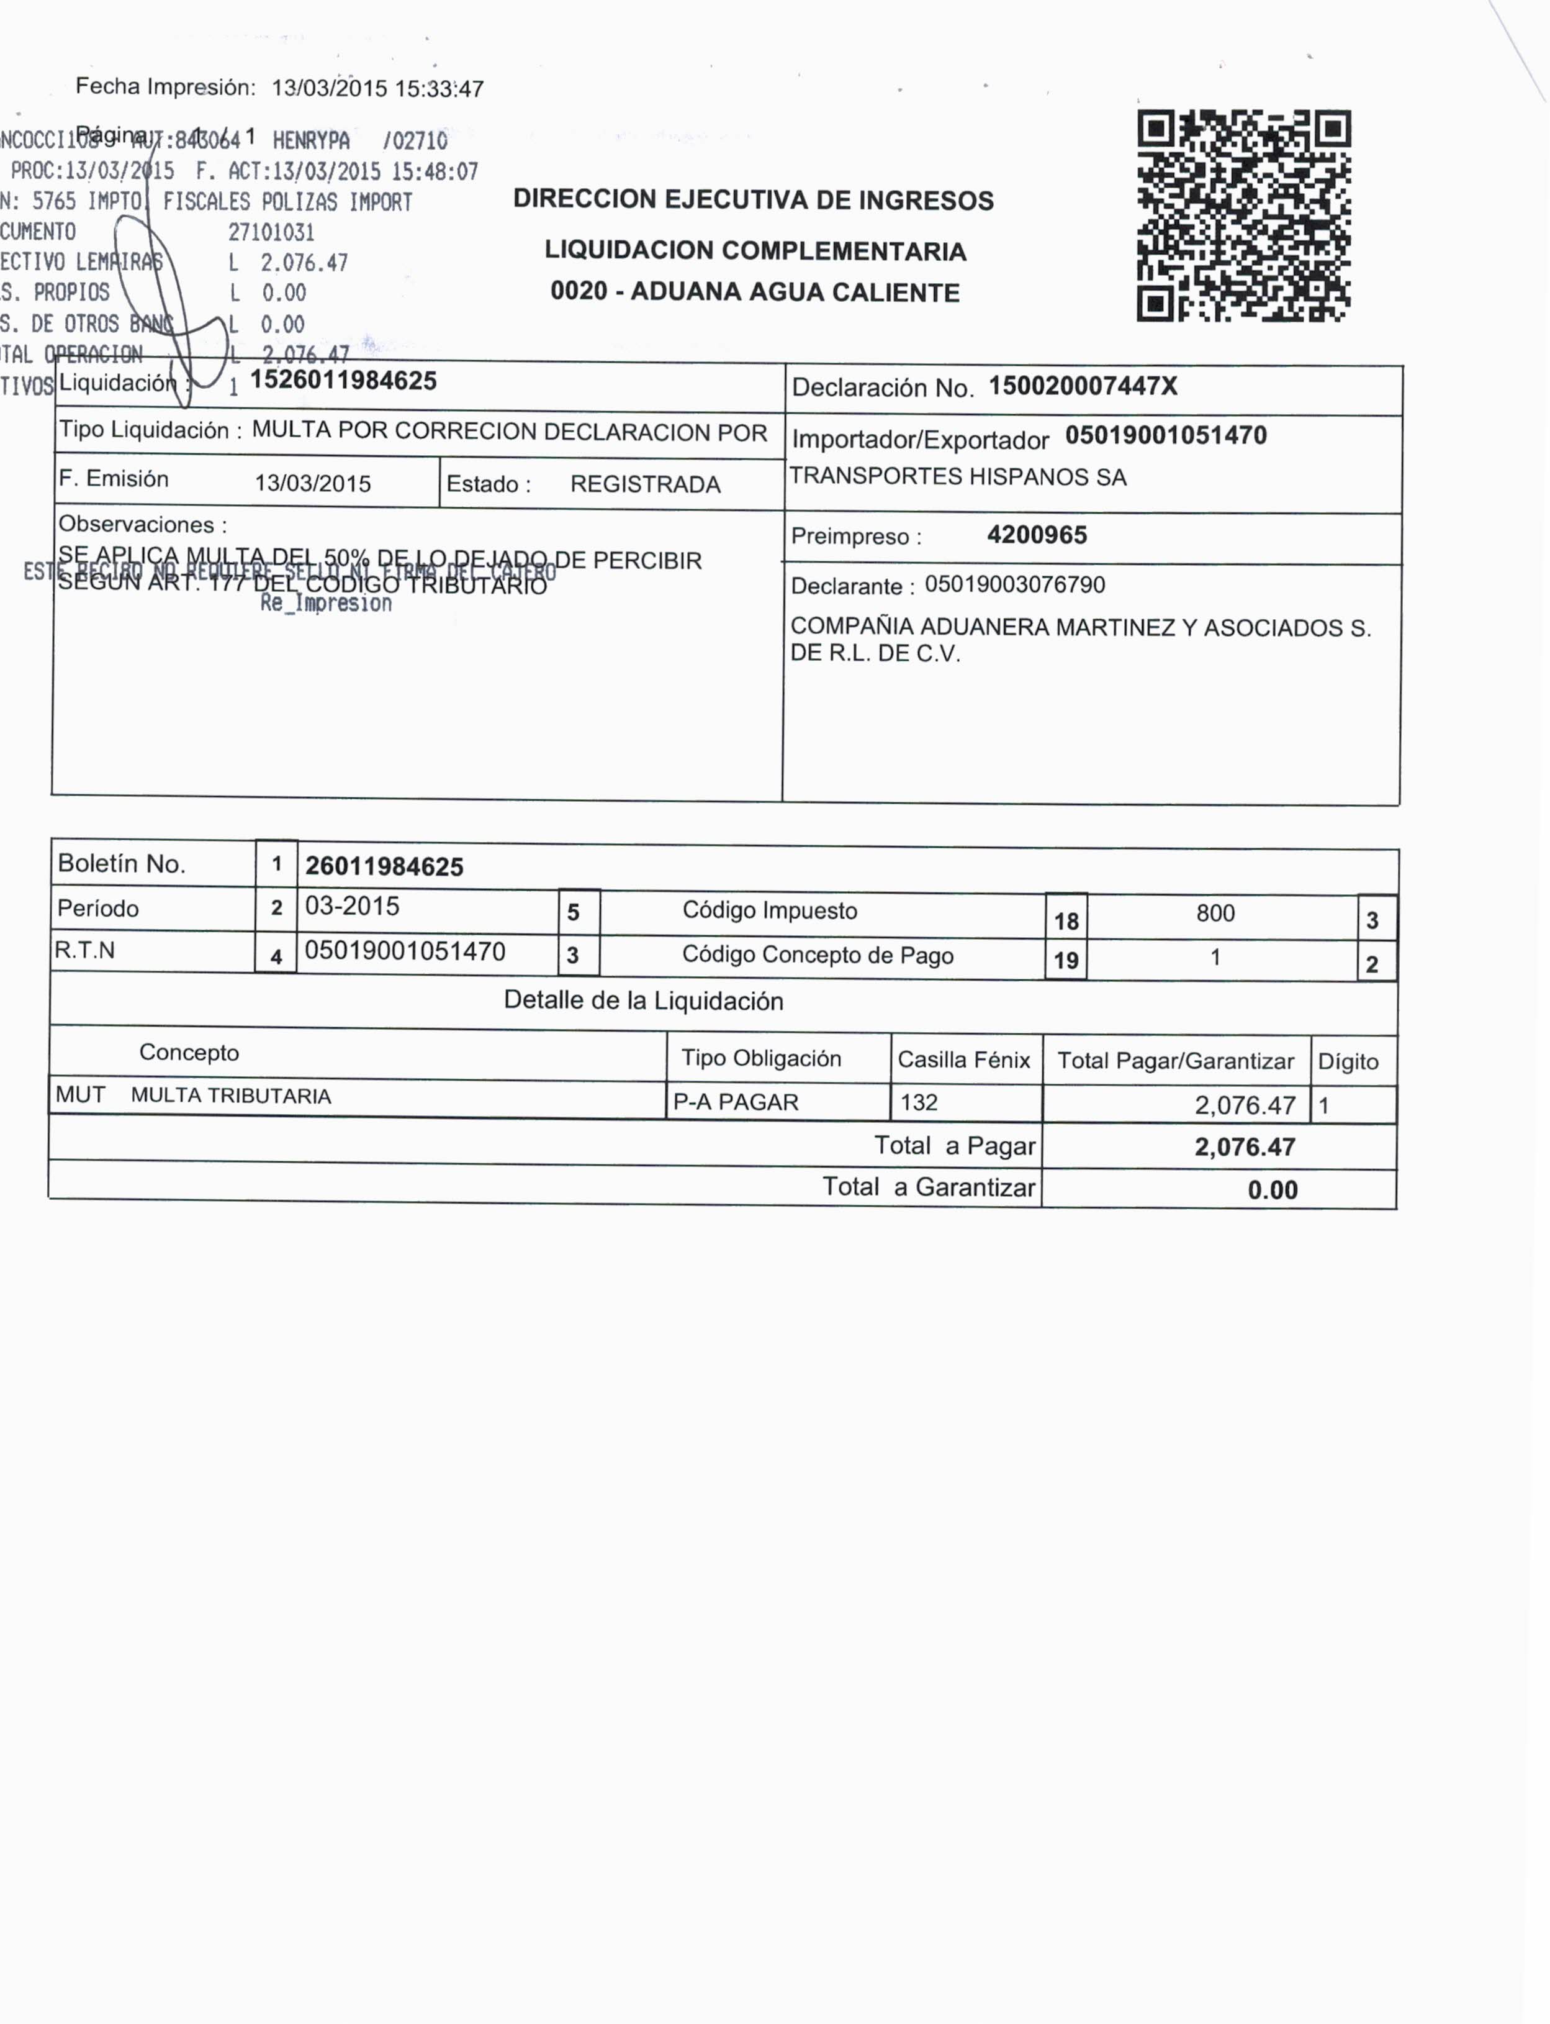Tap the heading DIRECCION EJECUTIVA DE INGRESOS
753,200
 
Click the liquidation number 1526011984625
343,380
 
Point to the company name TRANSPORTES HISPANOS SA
958,477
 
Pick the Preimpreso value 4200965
1037,535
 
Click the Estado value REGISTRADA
645,484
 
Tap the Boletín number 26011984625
384,866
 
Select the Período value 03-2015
351,906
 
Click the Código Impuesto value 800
1215,914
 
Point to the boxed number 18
1066,921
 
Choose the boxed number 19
1066,961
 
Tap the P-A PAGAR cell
736,1102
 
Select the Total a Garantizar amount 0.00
1273,1190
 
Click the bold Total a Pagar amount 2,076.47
1245,1147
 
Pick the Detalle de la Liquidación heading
643,1001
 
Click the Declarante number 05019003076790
1015,585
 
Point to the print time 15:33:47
439,89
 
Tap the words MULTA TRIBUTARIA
231,1096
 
